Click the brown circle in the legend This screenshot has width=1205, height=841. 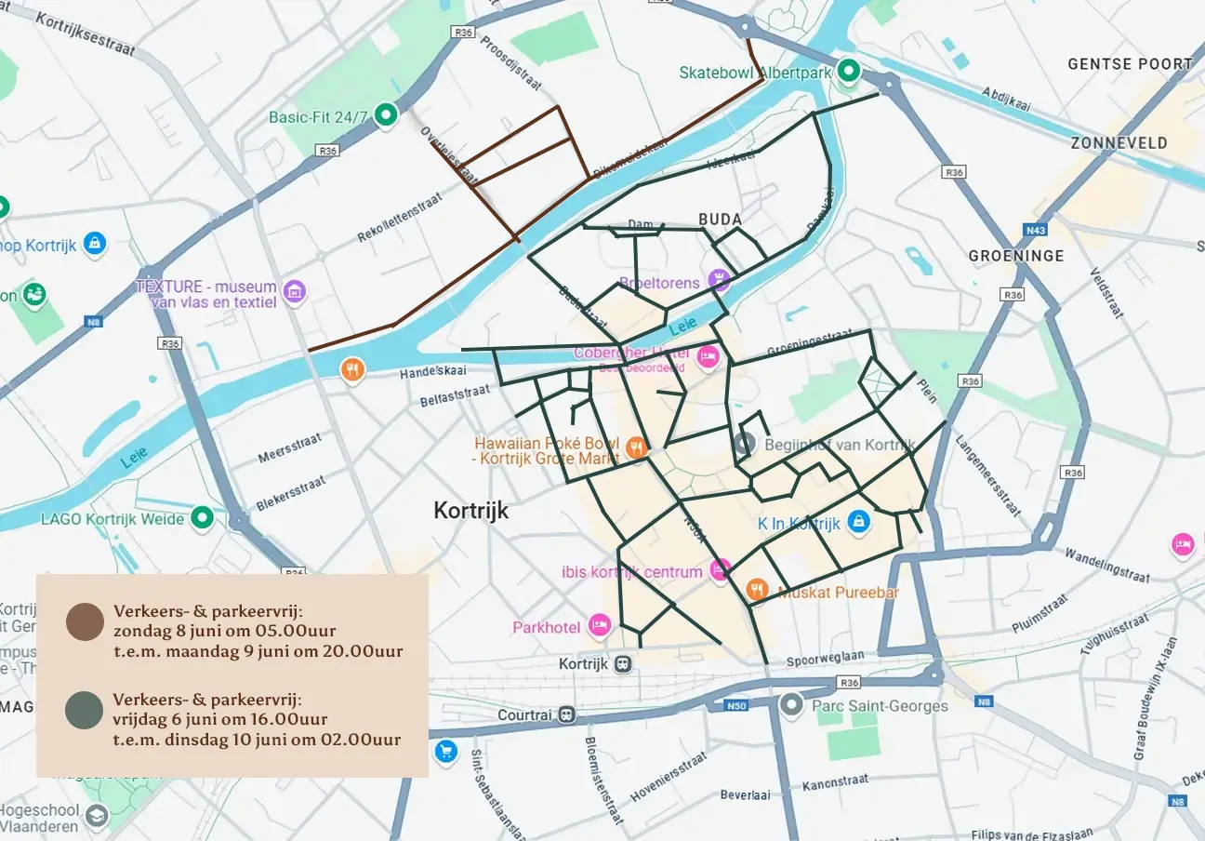85,621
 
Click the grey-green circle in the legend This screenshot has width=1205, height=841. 85,711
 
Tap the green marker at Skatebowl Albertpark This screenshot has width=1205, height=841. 847,71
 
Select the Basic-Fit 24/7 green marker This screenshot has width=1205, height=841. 385,115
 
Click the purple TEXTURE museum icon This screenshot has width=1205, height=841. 295,291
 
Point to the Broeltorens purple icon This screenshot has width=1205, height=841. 718,278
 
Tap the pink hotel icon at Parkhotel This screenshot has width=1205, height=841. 600,626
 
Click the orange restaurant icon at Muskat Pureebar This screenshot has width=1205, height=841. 758,589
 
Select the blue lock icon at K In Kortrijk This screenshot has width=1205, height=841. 859,523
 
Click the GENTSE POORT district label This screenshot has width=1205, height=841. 1130,64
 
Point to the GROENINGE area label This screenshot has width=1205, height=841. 1015,255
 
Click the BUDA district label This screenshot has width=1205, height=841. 720,220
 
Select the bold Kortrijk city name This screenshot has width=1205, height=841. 470,511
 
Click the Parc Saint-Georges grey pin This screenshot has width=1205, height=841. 791,704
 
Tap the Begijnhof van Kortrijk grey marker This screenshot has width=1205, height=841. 744,444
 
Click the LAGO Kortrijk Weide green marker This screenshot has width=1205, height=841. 202,517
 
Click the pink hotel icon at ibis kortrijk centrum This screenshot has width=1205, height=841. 719,570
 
